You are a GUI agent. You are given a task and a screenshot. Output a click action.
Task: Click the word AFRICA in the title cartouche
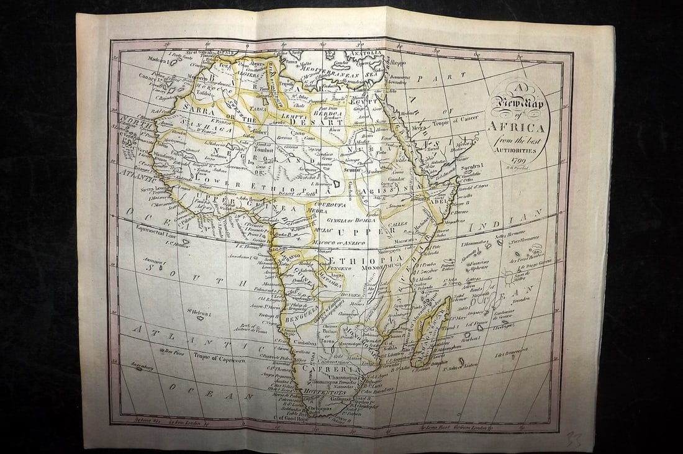[517, 127]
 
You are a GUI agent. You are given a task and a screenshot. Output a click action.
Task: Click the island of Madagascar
[432, 331]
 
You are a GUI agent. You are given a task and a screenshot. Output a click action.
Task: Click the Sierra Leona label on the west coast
[155, 189]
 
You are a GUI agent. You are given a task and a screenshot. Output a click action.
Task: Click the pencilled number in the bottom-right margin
[574, 439]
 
